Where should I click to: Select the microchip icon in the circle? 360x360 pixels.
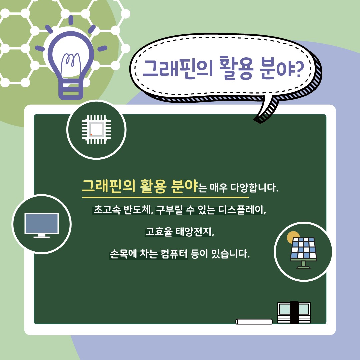tap(96, 129)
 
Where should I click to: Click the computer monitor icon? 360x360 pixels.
tap(42, 225)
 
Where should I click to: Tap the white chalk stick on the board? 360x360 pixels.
tap(254, 321)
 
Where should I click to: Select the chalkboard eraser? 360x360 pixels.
tap(294, 312)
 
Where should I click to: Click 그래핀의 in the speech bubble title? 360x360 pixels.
tap(178, 68)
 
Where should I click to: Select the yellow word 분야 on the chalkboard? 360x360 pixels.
tap(184, 185)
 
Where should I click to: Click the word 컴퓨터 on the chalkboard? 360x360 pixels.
tap(174, 254)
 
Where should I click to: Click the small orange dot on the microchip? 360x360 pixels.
tap(91, 134)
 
